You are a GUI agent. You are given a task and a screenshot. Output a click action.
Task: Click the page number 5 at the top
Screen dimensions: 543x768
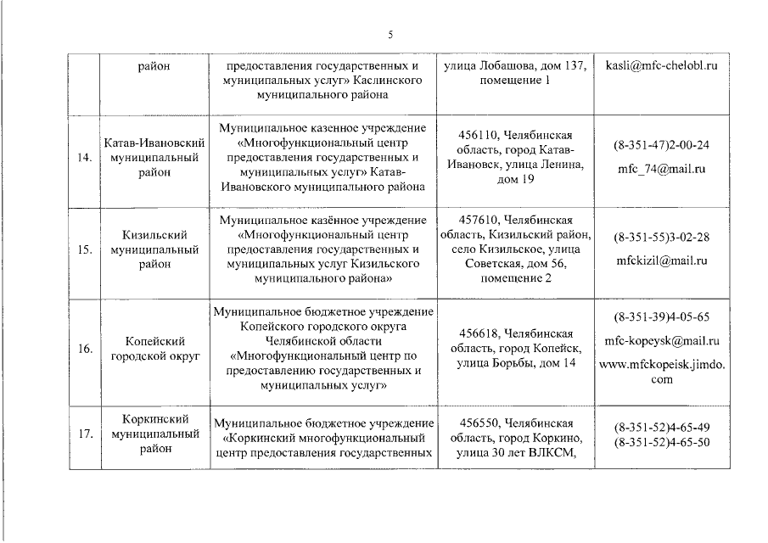[x=390, y=35]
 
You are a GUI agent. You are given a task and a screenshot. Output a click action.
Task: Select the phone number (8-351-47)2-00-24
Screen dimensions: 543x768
[x=661, y=145]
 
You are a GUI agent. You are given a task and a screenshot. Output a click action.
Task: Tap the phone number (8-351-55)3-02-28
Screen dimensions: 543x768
[x=661, y=238]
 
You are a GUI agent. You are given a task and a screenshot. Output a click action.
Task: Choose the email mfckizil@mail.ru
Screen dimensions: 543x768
[x=661, y=261]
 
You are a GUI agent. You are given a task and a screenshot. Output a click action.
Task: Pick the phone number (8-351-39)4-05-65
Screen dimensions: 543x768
[x=661, y=317]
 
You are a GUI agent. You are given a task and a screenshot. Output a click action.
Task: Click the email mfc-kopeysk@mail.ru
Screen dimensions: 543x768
[x=661, y=341]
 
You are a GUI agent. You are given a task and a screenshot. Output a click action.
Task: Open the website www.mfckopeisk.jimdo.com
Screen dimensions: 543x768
[x=661, y=372]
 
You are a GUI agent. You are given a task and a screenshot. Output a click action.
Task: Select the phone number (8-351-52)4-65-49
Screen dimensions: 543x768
[x=661, y=428]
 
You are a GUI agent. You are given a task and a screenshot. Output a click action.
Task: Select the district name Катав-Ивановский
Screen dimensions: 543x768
[x=149, y=142]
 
